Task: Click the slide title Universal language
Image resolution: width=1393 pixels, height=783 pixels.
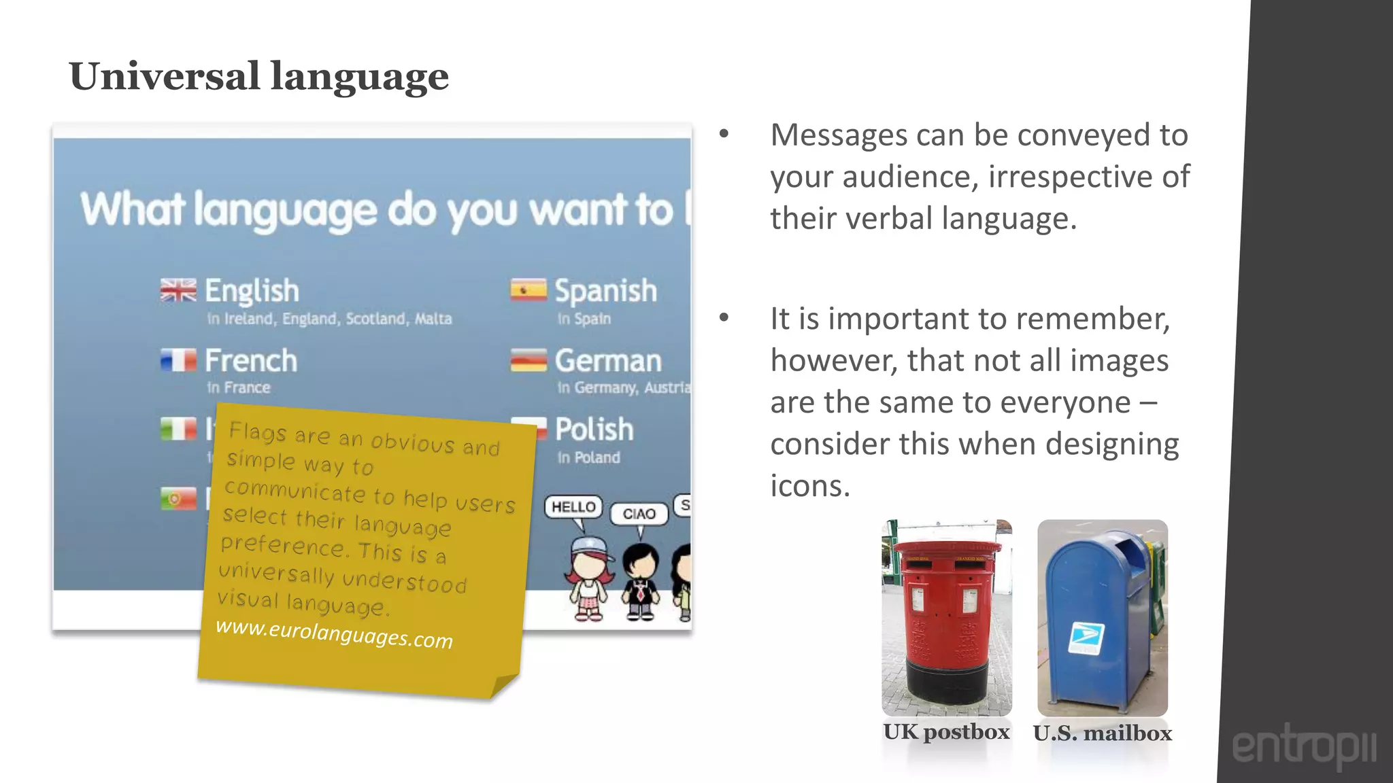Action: [258, 76]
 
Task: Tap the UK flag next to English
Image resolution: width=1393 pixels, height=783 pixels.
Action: [178, 290]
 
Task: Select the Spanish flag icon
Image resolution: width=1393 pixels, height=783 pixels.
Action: [528, 290]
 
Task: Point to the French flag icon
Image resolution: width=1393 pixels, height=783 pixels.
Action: [178, 360]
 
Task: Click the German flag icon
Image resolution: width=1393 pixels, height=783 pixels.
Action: [528, 360]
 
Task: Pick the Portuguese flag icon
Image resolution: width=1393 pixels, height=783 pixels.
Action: [178, 499]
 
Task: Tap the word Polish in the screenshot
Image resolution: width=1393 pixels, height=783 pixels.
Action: [594, 430]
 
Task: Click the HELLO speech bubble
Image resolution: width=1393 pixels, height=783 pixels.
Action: [573, 507]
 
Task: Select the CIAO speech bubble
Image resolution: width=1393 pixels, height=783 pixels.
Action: [639, 514]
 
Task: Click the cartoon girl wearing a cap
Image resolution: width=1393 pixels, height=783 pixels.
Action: [588, 578]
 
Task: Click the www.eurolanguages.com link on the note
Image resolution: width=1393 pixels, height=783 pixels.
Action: [334, 634]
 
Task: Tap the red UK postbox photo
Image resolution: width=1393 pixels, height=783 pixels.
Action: [946, 617]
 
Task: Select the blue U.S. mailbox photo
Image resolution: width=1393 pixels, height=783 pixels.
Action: [1102, 617]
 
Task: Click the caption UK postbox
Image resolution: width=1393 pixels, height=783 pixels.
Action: [946, 732]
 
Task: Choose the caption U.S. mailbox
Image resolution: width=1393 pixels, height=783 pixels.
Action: [1102, 733]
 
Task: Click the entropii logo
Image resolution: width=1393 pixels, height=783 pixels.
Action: [1304, 747]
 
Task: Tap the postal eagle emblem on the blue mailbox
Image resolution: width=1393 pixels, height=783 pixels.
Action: [1086, 638]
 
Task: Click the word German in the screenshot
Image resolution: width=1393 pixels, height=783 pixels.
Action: [607, 361]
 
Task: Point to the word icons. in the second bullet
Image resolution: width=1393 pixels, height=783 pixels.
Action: [810, 486]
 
